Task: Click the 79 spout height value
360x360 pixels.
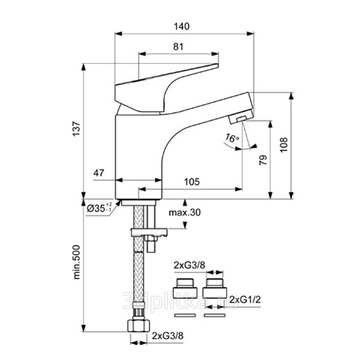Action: point(262,161)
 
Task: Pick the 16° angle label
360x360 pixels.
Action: point(232,139)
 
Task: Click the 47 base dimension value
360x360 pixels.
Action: point(100,173)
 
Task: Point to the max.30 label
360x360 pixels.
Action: point(184,213)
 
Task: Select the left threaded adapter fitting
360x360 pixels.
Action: point(184,288)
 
